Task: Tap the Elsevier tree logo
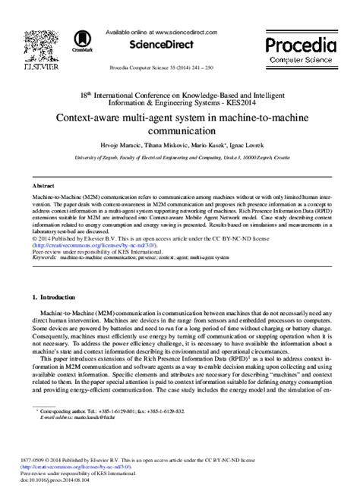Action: (x=37, y=46)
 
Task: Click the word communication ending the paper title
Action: (x=180, y=130)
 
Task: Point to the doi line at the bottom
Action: (x=58, y=480)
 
